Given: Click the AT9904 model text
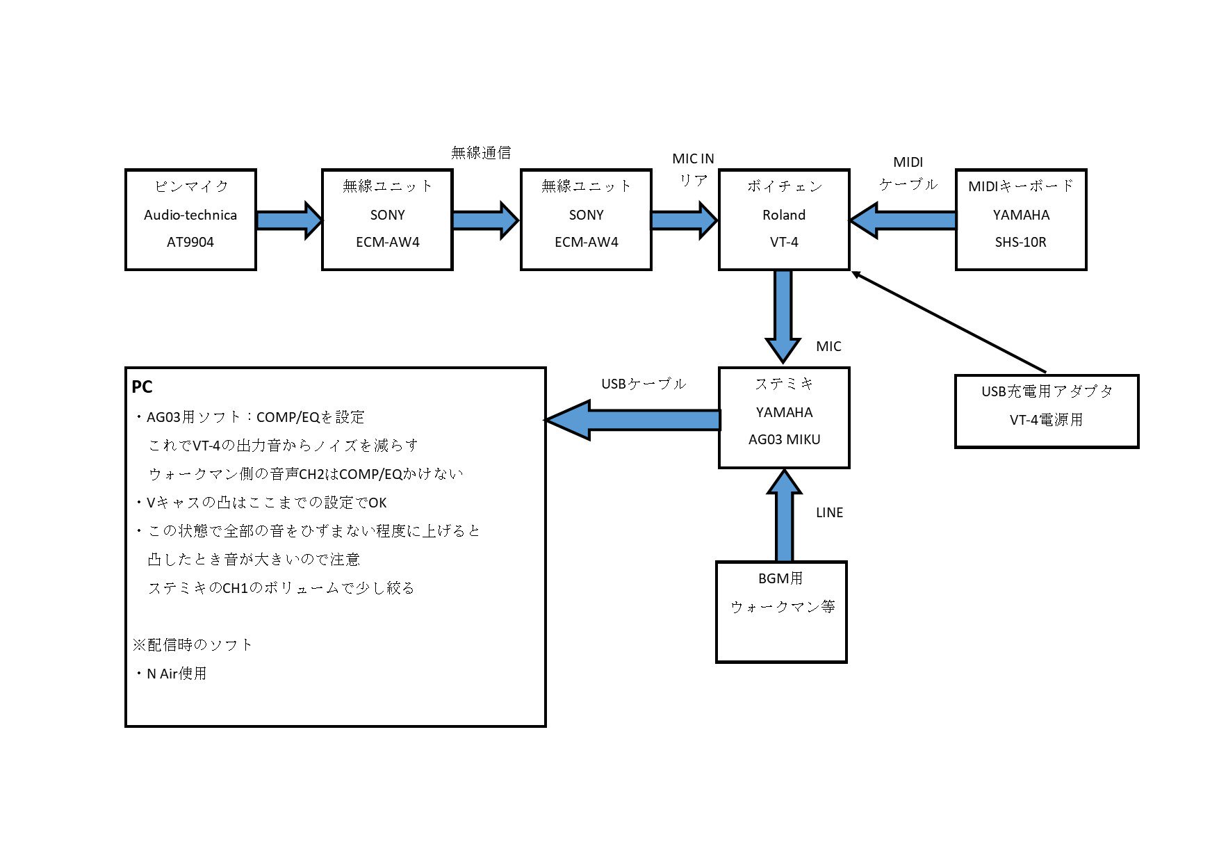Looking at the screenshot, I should pos(190,243).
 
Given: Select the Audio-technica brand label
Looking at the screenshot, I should pos(190,215).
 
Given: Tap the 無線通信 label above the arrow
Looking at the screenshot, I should pos(481,153).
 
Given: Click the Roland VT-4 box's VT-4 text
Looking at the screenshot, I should pos(783,243).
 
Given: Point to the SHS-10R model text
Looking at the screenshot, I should pos(1020,243).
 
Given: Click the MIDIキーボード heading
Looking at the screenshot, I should pos(1020,186).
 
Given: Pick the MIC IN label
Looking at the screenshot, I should pos(693,159).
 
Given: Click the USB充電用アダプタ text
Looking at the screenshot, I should pos(1046,391).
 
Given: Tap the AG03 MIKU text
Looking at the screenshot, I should pos(784,440).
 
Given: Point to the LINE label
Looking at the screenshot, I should pos(829,513).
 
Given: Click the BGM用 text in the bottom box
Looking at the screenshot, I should pos(780,578).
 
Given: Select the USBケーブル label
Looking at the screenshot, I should pos(643,384).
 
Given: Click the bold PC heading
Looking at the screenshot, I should pos(142,387).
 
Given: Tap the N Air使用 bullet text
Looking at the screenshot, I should pos(176,674).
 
